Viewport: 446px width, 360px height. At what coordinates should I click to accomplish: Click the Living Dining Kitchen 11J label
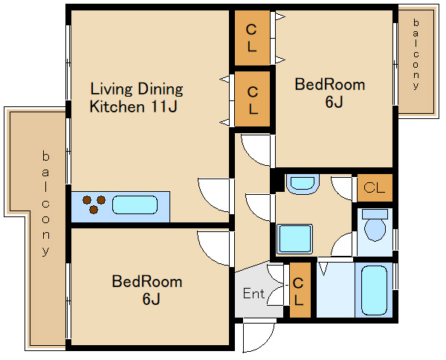137,97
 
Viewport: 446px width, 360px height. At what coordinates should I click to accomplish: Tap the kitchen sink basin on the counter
135,205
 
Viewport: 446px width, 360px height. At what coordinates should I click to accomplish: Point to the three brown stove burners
94,205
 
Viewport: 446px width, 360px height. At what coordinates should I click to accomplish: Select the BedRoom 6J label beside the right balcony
330,93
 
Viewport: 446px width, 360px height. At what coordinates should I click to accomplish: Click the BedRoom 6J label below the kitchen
147,289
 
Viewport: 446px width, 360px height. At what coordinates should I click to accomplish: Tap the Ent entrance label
253,293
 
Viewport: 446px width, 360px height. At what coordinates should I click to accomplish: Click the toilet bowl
375,225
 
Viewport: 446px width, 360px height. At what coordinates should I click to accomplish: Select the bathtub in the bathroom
374,290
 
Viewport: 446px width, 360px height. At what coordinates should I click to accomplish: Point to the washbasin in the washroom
303,184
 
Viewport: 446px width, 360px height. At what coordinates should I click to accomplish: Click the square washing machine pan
294,239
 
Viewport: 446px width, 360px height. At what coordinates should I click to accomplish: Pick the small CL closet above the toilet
375,188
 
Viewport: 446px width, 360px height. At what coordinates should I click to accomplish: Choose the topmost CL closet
252,38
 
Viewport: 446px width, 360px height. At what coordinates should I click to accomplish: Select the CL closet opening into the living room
252,99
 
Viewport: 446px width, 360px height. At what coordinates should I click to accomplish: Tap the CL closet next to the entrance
300,290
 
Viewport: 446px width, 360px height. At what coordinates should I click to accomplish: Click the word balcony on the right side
416,54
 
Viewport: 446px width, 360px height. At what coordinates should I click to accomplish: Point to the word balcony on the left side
45,204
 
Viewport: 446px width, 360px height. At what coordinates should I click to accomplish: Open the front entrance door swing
259,335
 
